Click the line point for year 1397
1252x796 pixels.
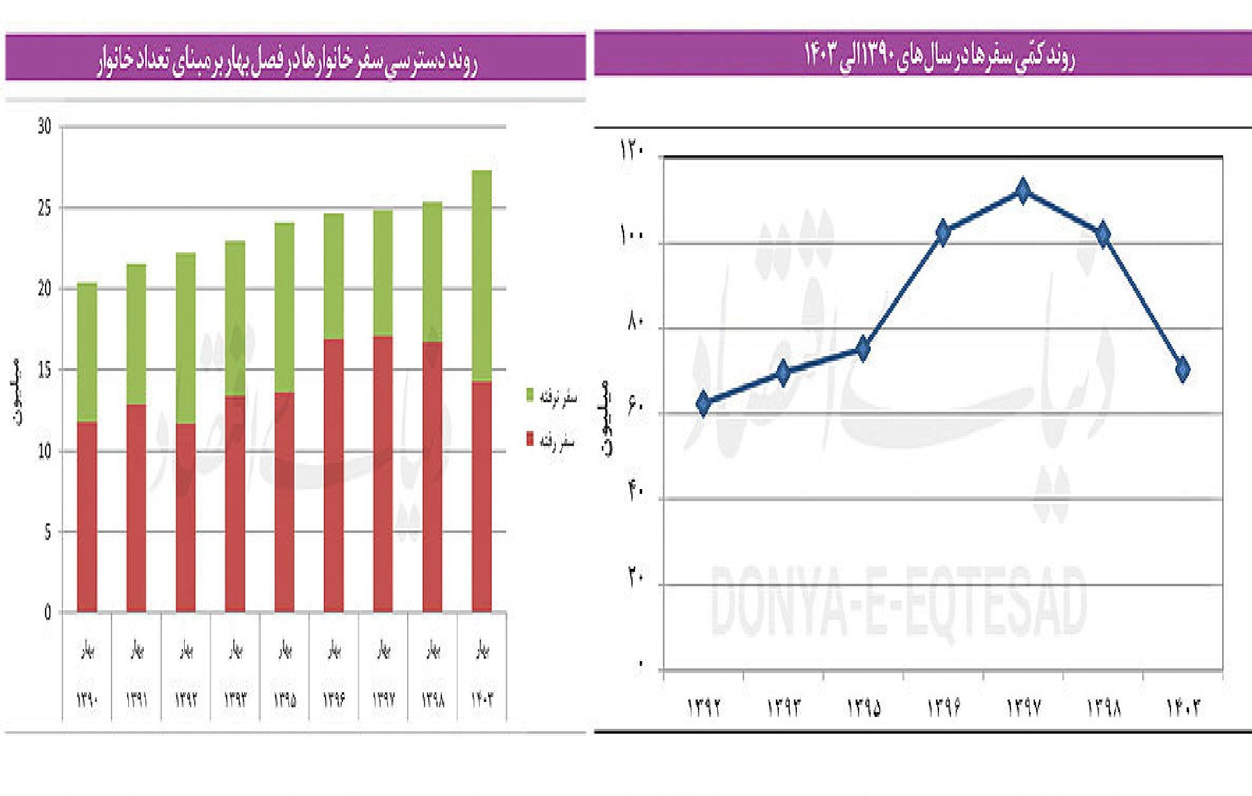pyautogui.click(x=1023, y=191)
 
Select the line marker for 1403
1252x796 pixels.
pyautogui.click(x=1182, y=369)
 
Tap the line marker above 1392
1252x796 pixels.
pyautogui.click(x=704, y=403)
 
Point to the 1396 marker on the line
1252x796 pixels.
pyautogui.click(x=943, y=233)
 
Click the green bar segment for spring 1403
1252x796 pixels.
pyautogui.click(x=481, y=276)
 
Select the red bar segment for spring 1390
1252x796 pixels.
pyautogui.click(x=88, y=517)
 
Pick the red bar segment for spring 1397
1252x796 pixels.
pyautogui.click(x=383, y=474)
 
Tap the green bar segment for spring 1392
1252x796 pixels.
pyautogui.click(x=186, y=338)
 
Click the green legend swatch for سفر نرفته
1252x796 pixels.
pyautogui.click(x=530, y=396)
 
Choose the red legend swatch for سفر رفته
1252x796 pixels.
pyautogui.click(x=530, y=439)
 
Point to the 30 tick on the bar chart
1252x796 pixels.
pyautogui.click(x=44, y=126)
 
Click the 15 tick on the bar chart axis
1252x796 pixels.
pyautogui.click(x=44, y=370)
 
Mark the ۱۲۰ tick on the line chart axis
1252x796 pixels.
pyautogui.click(x=633, y=150)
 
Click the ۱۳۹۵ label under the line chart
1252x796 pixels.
pyautogui.click(x=863, y=708)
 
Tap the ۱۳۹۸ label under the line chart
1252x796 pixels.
pyautogui.click(x=1103, y=708)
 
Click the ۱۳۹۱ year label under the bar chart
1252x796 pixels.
pyautogui.click(x=137, y=699)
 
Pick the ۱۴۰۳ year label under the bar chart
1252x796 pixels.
pyautogui.click(x=482, y=699)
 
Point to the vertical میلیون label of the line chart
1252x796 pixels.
pyautogui.click(x=607, y=418)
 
